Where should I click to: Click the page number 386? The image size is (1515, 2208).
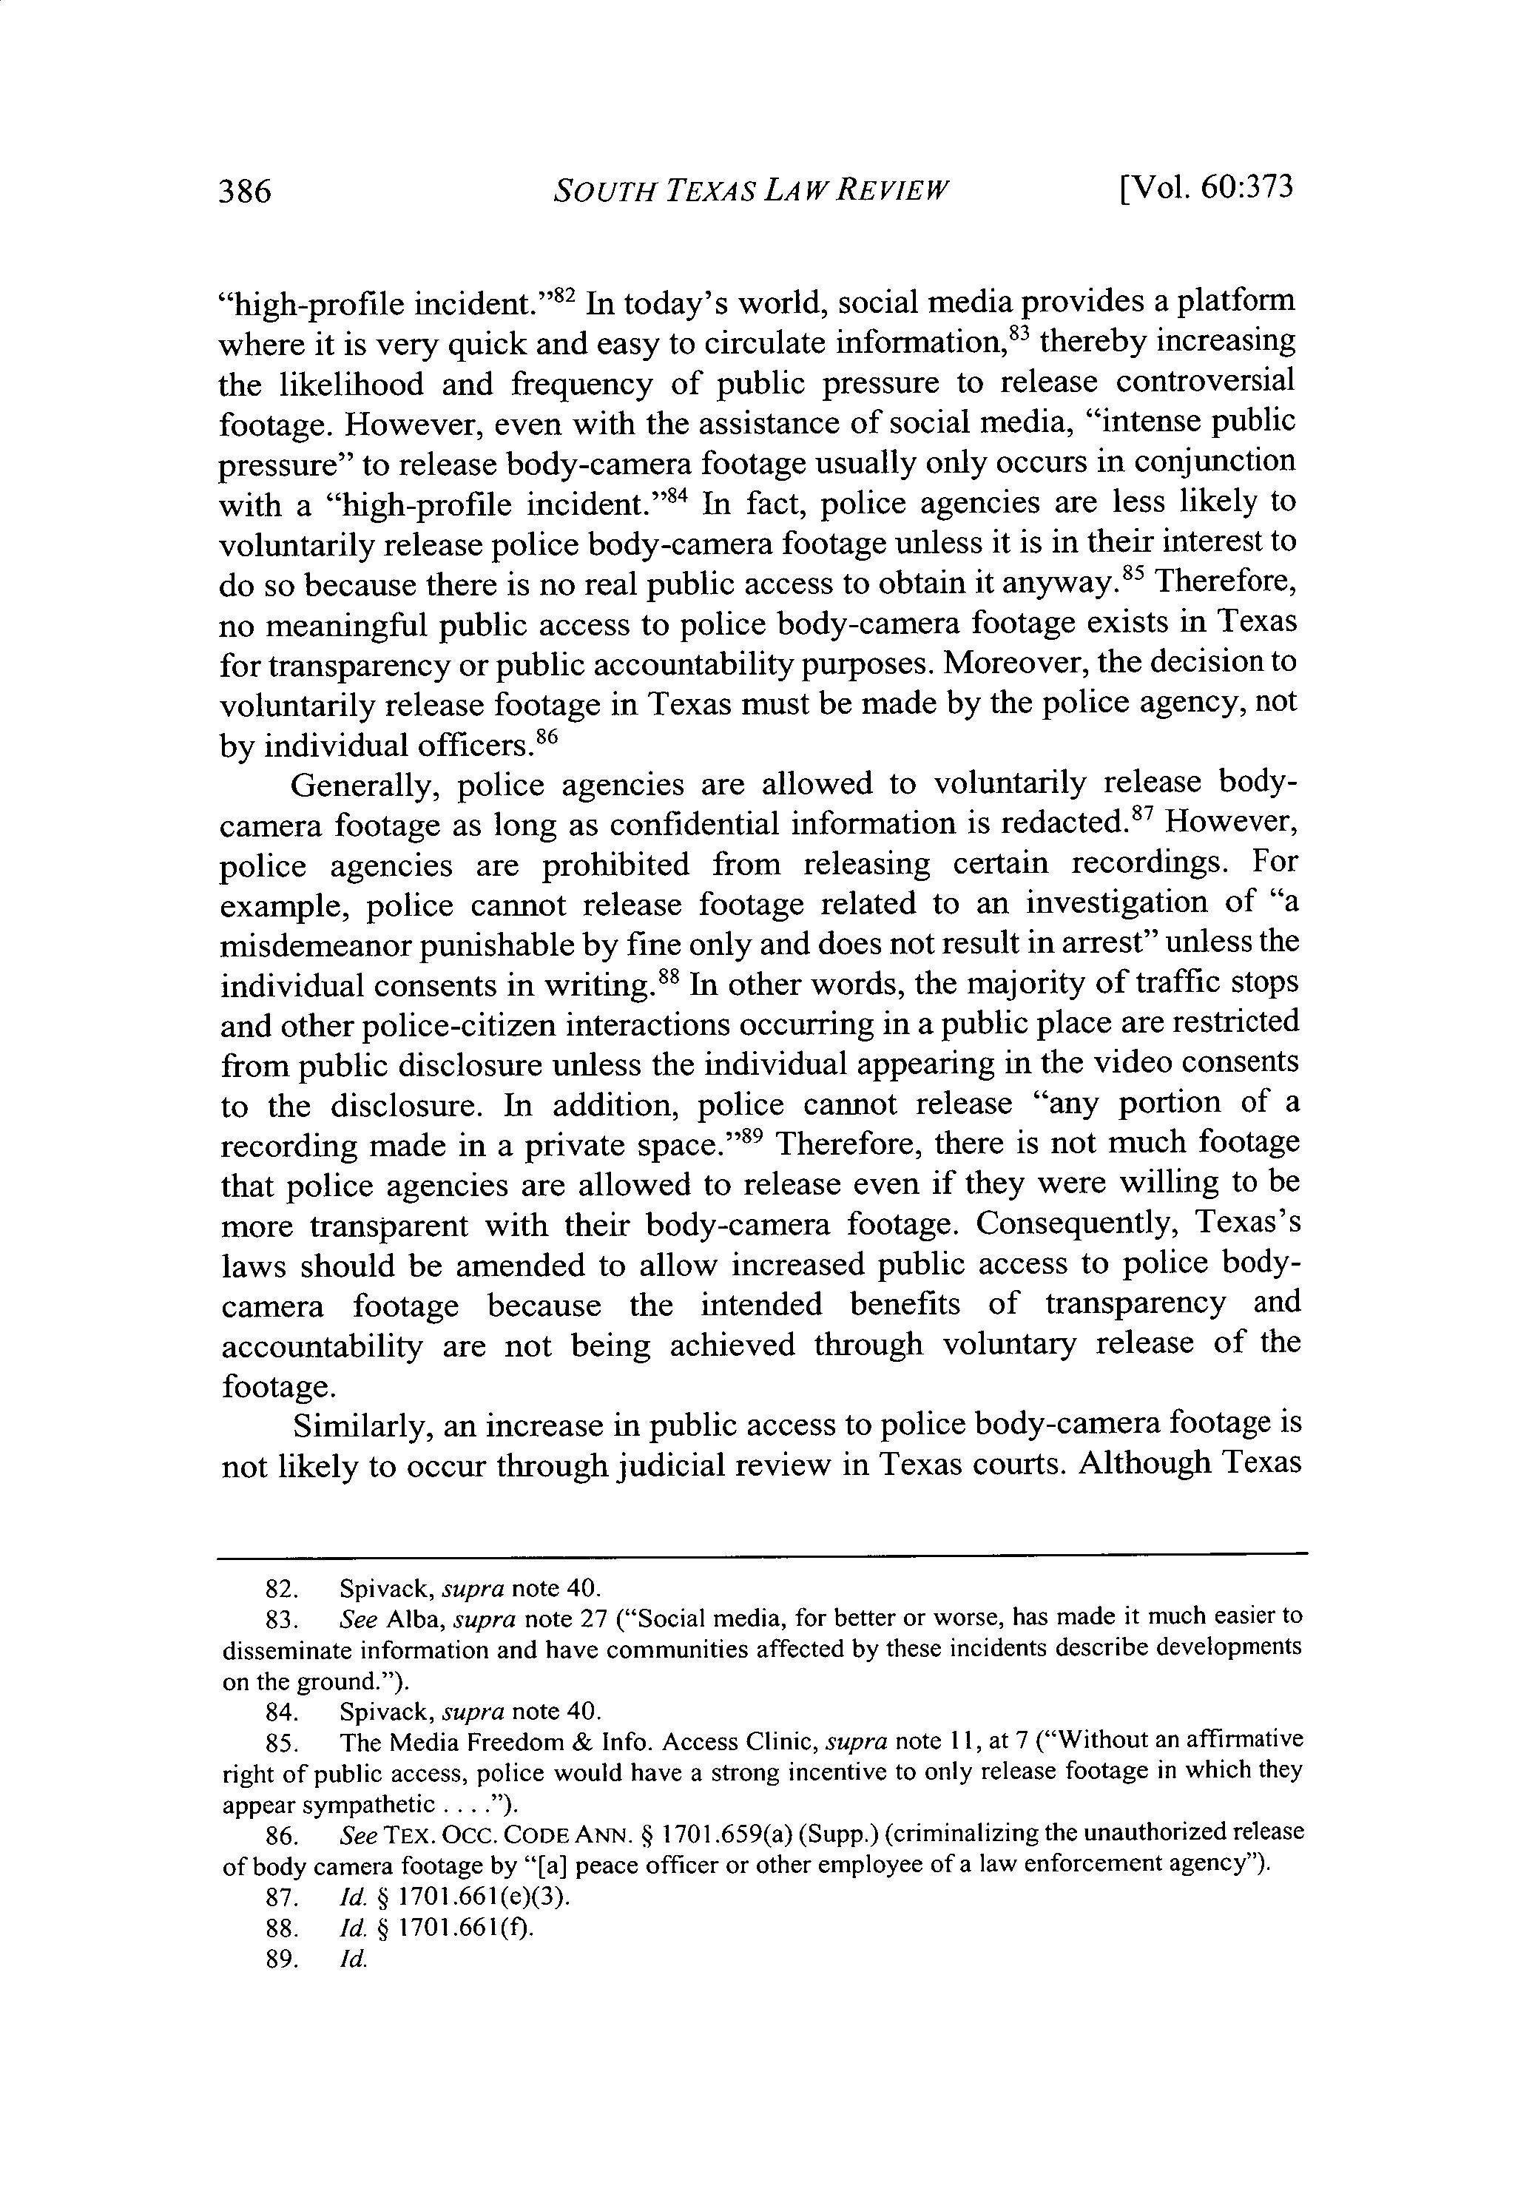coord(245,191)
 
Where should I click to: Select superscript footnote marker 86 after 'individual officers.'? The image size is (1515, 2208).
coord(544,735)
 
